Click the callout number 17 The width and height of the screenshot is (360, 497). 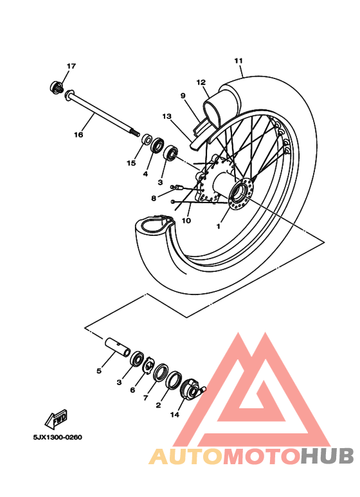point(71,66)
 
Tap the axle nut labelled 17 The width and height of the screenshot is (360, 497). point(56,87)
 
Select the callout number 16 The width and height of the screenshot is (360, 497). point(78,135)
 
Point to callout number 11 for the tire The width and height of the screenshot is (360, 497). point(239,61)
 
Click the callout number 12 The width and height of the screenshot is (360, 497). point(201,82)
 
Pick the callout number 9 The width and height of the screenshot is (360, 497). point(183,96)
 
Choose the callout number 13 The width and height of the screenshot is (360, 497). point(167,117)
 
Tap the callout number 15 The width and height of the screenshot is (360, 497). point(131,163)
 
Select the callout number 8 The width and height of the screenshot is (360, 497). point(154,198)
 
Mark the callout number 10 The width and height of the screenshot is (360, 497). point(186,221)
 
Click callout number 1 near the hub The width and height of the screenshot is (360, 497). point(218,226)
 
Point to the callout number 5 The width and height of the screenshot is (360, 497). point(99,371)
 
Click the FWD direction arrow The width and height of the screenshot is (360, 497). point(56,420)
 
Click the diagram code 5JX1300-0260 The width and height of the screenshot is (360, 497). point(58,438)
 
